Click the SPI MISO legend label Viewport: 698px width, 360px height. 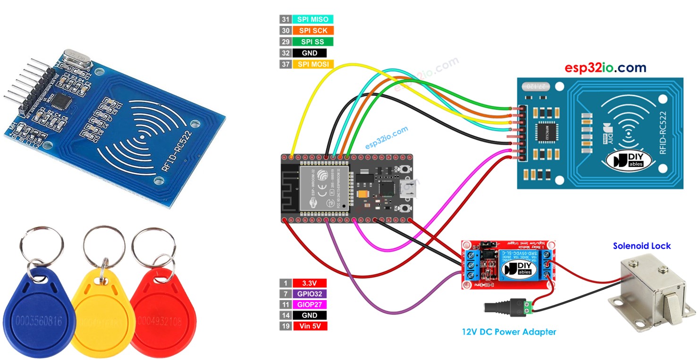(313, 19)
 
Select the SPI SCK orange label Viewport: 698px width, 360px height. (313, 31)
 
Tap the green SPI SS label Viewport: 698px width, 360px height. (313, 42)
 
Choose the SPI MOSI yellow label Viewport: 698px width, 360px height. (313, 64)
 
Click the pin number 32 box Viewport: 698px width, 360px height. (285, 53)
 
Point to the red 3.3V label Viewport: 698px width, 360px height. (310, 283)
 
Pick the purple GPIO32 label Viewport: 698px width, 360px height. (310, 294)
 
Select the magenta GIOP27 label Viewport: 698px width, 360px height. (310, 305)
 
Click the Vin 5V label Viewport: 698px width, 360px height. (310, 326)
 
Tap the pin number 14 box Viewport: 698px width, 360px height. (285, 315)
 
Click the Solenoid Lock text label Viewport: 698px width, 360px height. (641, 246)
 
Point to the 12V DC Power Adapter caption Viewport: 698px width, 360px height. (509, 332)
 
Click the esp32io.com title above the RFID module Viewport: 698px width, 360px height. (605, 68)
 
